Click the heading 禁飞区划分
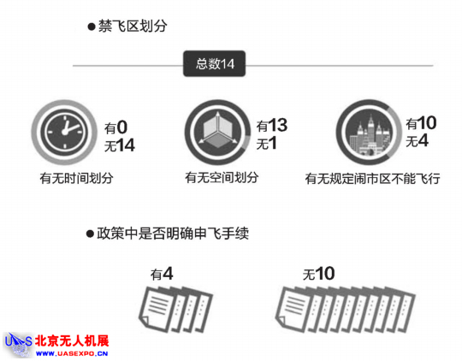133,27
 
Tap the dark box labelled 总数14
215,63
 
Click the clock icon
64,132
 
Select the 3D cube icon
217,132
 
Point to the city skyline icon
369,132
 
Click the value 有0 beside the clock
115,127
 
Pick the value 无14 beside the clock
120,145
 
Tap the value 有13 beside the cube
272,126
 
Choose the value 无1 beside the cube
266,144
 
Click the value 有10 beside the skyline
421,123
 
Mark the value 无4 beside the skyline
417,140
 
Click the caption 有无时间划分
77,178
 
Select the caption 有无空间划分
222,177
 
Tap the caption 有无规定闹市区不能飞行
373,179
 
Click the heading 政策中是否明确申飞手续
173,234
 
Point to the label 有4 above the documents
162,274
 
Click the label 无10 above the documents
319,274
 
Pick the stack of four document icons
175,310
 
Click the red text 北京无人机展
72,341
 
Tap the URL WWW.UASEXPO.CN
72,353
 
